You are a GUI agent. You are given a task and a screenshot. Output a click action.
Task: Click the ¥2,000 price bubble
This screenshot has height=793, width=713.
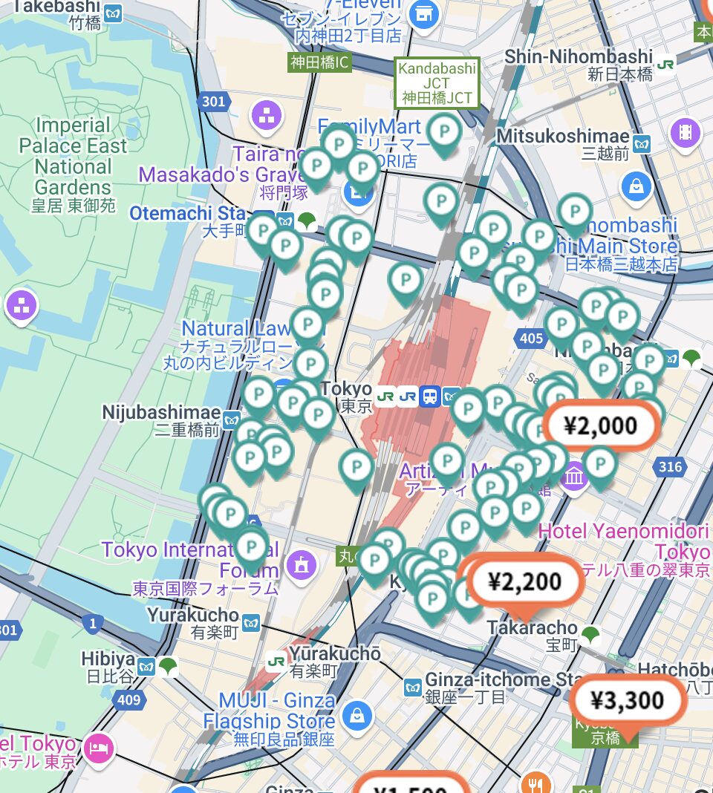coord(602,425)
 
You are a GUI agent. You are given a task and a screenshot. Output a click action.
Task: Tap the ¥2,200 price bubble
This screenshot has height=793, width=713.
coord(524,581)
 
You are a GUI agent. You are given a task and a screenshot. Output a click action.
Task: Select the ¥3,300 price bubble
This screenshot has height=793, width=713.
coord(627,699)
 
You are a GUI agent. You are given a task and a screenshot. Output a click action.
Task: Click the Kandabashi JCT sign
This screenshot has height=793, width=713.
coord(437,82)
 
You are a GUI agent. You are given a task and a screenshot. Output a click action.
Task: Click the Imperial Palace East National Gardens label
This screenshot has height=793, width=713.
coord(73,156)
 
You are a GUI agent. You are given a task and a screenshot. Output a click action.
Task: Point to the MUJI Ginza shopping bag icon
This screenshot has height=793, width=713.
coord(357,716)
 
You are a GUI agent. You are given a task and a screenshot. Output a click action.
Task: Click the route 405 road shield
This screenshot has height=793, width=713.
coord(532,339)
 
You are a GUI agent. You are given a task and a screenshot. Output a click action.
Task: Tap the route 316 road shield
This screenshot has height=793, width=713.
coord(669,466)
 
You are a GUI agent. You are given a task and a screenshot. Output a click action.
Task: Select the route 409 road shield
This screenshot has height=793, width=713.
coord(128,698)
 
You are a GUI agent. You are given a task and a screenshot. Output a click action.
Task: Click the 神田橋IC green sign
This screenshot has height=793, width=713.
coord(319,62)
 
